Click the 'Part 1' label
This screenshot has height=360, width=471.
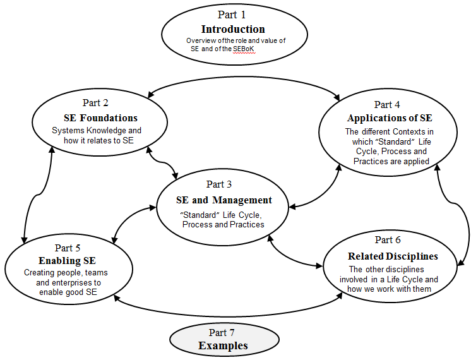[x=232, y=15]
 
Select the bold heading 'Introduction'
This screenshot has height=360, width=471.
[x=233, y=29]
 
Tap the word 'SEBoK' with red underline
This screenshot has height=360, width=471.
[x=244, y=49]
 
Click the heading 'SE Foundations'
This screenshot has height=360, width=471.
[x=100, y=118]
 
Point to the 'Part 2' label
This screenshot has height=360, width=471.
[x=95, y=103]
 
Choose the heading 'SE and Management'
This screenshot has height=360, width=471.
[x=224, y=200]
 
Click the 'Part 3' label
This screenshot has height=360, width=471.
[x=219, y=184]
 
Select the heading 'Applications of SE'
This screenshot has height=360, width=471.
[x=390, y=118]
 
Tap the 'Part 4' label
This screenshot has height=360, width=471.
[x=387, y=105]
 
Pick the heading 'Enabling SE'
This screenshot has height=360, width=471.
[x=68, y=261]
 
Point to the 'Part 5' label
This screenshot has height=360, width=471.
[x=68, y=248]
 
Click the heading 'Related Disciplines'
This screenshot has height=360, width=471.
[x=393, y=256]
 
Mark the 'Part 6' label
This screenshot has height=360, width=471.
[x=388, y=240]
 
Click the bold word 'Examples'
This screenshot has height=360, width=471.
[x=223, y=345]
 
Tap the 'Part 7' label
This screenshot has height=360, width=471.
[x=222, y=333]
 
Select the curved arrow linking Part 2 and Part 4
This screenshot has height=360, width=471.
[x=244, y=77]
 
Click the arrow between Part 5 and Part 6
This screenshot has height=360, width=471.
[x=229, y=316]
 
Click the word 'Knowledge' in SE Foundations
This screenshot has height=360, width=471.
[x=107, y=130]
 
